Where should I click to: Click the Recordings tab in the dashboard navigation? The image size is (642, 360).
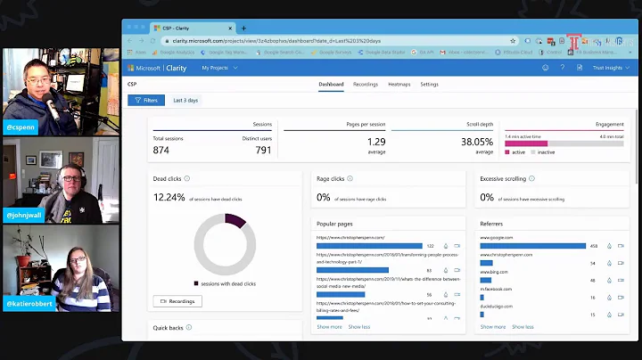(366, 85)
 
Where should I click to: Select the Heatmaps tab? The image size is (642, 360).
(399, 85)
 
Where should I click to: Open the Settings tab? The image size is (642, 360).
(429, 85)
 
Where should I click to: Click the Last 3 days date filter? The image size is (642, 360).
(186, 101)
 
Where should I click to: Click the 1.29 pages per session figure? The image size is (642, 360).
(377, 142)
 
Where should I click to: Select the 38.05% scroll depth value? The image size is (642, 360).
(477, 142)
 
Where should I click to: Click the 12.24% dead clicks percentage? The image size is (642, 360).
(169, 197)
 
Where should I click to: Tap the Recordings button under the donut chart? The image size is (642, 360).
(177, 301)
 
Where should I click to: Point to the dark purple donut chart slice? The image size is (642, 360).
(235, 220)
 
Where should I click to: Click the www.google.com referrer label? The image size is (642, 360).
(498, 238)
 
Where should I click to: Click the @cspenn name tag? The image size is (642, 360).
(21, 127)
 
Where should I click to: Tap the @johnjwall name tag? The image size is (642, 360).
(24, 215)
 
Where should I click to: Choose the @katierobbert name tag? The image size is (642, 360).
(29, 302)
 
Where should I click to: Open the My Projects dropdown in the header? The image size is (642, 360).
(217, 68)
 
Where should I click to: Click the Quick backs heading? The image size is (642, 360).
(169, 327)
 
